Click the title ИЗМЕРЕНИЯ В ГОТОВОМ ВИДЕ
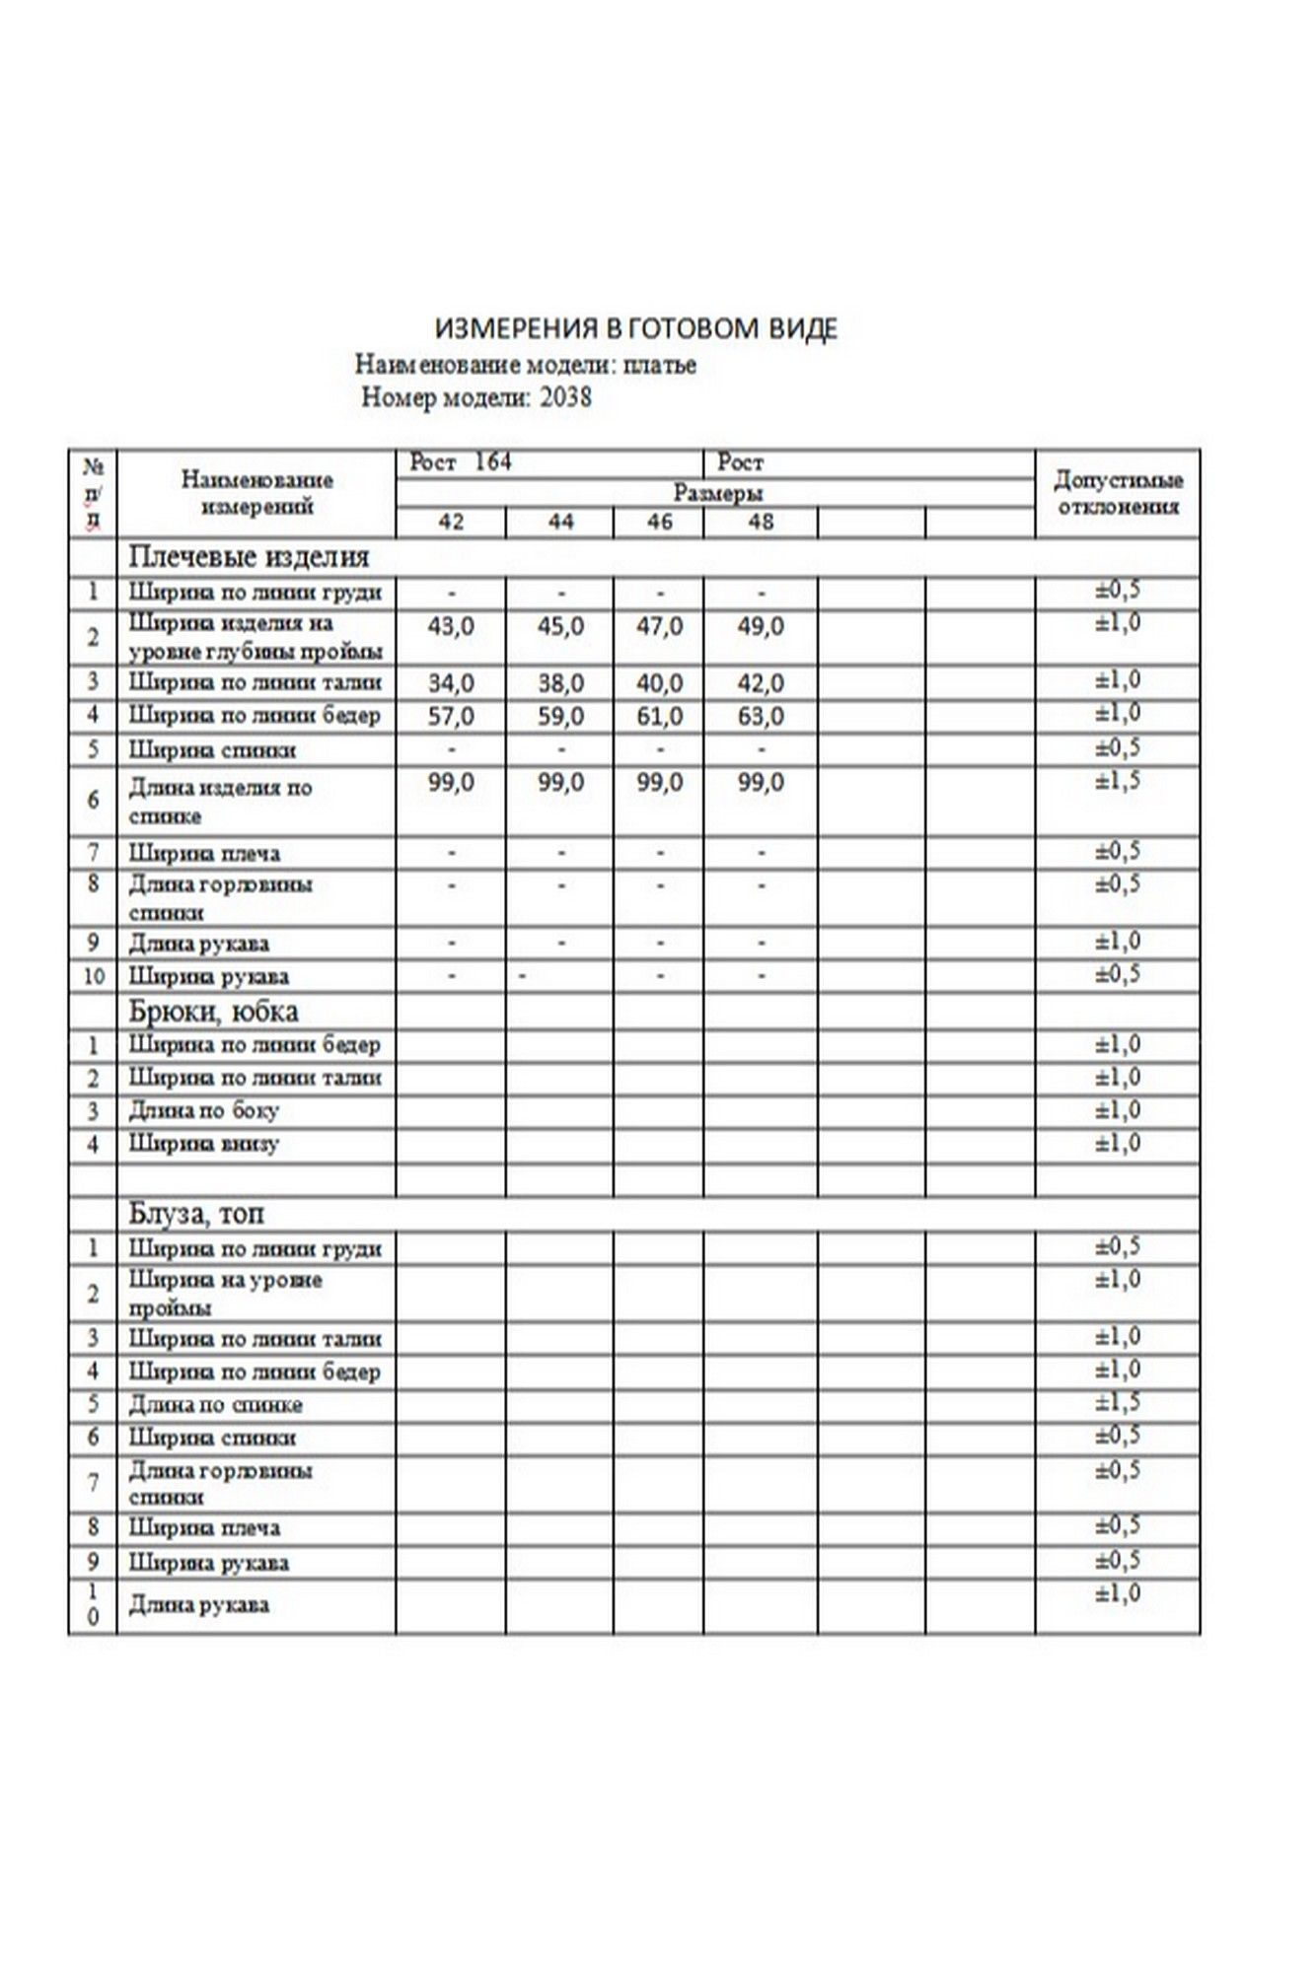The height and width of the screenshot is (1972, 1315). point(636,328)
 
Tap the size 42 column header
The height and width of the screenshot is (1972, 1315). point(451,523)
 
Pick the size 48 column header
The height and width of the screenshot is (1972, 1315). point(761,523)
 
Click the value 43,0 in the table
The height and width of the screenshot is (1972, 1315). point(451,627)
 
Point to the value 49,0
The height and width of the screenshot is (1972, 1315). point(761,627)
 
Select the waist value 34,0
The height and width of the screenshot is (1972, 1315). point(451,683)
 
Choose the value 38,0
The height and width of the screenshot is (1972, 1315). point(560,683)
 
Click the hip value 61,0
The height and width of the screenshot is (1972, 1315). point(659,717)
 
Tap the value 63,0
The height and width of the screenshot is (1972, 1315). point(761,717)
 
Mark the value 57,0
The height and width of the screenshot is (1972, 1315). point(451,717)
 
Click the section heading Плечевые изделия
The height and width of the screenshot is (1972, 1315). point(249,557)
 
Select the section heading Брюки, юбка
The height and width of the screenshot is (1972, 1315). point(213,1012)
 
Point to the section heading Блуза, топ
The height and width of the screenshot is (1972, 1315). point(196,1214)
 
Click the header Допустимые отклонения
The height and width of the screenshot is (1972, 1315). point(1118,493)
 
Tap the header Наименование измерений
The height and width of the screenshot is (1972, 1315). point(256,493)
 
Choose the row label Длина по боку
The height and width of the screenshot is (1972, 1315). point(204,1111)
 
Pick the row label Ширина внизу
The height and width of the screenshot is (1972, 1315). point(204,1145)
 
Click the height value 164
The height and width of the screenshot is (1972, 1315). point(493,462)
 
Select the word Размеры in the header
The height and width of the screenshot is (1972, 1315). point(717,492)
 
